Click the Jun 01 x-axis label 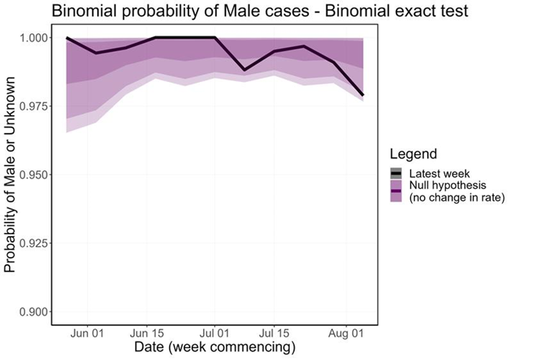tap(87, 332)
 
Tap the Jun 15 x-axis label tap(147, 332)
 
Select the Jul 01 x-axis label tap(214, 332)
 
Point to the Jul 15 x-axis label tap(274, 332)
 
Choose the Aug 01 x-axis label tap(345, 332)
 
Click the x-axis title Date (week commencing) tap(214, 347)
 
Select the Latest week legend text tap(439, 173)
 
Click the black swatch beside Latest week tap(397, 173)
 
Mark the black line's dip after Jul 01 tap(244, 70)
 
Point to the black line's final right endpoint tap(363, 95)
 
